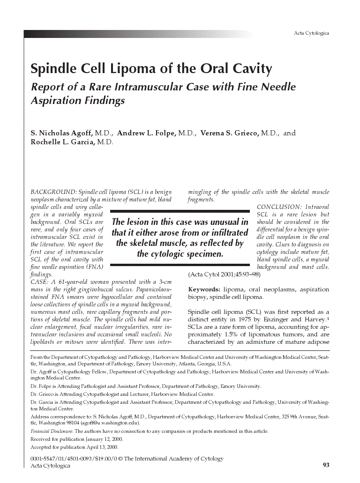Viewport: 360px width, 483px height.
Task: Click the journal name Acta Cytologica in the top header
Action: (x=311, y=33)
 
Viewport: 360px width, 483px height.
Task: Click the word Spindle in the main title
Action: (x=52, y=69)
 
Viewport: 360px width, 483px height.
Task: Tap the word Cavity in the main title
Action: (x=252, y=69)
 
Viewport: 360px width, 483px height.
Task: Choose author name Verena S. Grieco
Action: (x=229, y=133)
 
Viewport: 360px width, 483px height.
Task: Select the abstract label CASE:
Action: (x=39, y=282)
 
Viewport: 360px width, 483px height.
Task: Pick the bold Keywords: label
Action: (x=204, y=290)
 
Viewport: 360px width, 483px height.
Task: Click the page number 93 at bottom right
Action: (x=326, y=465)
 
